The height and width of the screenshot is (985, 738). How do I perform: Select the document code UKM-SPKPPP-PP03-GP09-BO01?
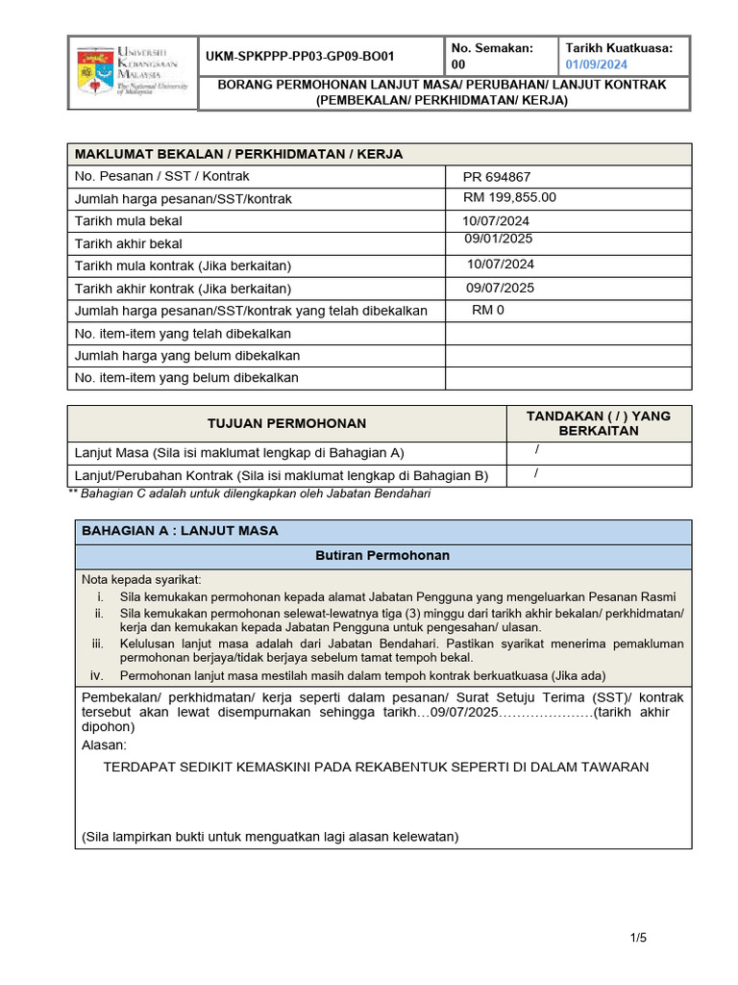299,57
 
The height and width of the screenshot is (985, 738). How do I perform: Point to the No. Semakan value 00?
457,65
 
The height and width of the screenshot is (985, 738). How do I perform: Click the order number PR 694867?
496,178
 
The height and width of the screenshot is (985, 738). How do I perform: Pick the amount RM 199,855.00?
509,198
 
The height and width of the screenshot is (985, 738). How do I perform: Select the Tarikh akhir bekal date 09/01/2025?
498,240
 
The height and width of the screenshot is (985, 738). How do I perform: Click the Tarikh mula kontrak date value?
501,265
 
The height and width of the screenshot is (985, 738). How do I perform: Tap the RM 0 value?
488,311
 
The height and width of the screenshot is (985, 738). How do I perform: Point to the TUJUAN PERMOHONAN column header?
287,424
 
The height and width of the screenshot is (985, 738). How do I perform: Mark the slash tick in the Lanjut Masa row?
537,450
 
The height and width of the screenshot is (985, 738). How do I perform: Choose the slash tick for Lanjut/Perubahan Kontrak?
536,473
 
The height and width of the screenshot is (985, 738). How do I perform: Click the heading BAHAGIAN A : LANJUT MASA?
180,531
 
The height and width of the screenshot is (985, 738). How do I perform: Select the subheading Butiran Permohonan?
382,556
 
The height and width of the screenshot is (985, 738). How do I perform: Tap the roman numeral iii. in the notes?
97,644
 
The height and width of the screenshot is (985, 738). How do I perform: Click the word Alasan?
104,745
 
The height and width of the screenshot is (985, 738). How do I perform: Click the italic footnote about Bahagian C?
250,493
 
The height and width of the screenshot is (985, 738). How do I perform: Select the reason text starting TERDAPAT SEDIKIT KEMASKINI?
375,768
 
